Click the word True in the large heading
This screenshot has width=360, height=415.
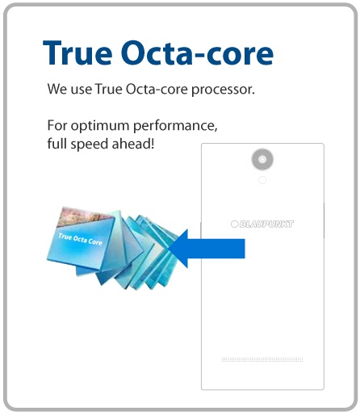77,52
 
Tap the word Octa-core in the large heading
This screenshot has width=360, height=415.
197,52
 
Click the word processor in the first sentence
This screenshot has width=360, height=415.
223,90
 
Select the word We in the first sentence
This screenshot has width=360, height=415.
57,89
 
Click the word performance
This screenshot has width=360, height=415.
175,126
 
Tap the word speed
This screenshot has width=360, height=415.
90,144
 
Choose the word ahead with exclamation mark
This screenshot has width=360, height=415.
133,144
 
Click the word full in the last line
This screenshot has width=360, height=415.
57,143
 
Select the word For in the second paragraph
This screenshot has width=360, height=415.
57,125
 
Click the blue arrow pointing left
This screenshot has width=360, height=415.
207,249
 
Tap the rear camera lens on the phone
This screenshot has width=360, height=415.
262,159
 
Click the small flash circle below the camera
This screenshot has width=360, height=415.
262,180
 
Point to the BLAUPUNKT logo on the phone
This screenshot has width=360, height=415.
262,224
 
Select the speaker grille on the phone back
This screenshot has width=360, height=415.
262,359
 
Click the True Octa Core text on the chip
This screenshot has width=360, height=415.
80,239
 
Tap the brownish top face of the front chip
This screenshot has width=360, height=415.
82,216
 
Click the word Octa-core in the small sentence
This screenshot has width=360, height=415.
157,89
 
